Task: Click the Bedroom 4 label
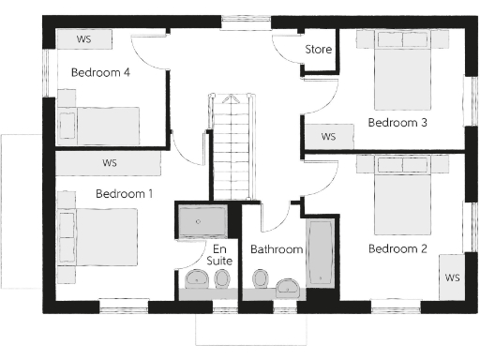(x=100, y=73)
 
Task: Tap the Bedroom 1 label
(x=124, y=194)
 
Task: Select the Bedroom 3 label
(x=397, y=122)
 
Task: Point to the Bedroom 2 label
(x=397, y=248)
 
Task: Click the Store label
(x=318, y=49)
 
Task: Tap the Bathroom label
(x=276, y=249)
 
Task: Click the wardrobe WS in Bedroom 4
(x=84, y=40)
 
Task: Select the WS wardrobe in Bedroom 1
(x=110, y=163)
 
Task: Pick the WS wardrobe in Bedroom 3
(x=328, y=137)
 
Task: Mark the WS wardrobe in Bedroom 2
(x=453, y=277)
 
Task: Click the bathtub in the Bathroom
(x=320, y=256)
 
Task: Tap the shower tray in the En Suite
(x=202, y=221)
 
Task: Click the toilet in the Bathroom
(x=260, y=279)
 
